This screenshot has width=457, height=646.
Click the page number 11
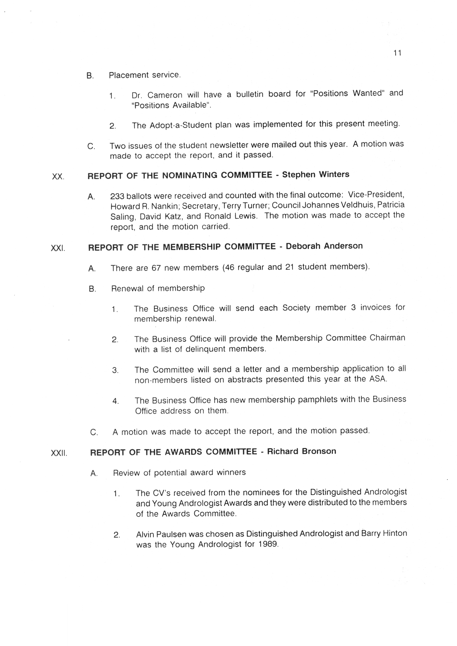[x=397, y=53]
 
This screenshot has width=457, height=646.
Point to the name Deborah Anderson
[x=324, y=246]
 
